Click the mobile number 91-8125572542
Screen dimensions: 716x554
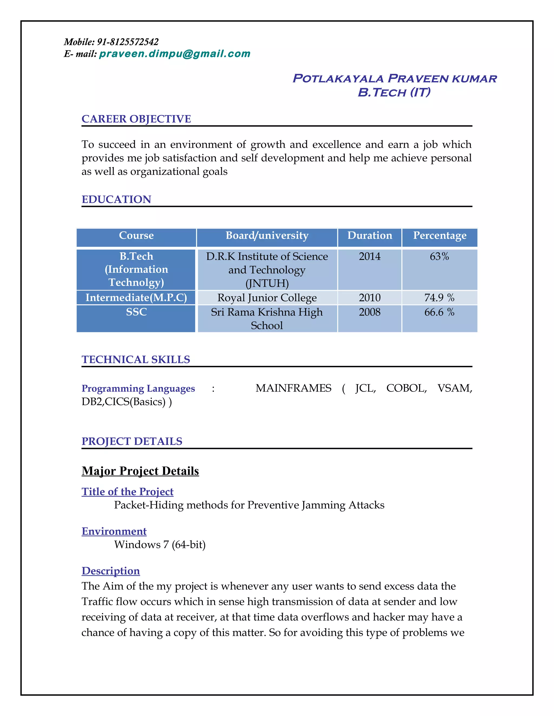pyautogui.click(x=128, y=42)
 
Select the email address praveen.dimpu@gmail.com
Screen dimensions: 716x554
pyautogui.click(x=174, y=53)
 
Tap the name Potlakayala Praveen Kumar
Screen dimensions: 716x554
pyautogui.click(x=394, y=78)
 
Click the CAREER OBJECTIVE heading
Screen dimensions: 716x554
pyautogui.click(x=136, y=119)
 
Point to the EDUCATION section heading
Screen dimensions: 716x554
pyautogui.click(x=117, y=199)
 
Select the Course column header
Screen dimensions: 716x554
pyautogui.click(x=136, y=235)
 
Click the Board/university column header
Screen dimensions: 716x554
pyautogui.click(x=267, y=235)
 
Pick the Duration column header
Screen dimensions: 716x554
pyautogui.click(x=370, y=235)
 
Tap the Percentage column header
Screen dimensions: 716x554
pyautogui.click(x=440, y=235)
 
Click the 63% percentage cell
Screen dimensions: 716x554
pyautogui.click(x=440, y=256)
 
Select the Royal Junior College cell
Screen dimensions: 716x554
pyautogui.click(x=267, y=298)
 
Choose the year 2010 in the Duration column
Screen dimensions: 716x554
pyautogui.click(x=370, y=298)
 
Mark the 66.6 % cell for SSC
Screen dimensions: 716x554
pyautogui.click(x=440, y=312)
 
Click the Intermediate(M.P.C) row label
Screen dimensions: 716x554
pyautogui.click(x=136, y=298)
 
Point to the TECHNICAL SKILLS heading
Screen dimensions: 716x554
pyautogui.click(x=136, y=360)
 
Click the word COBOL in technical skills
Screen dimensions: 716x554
pyautogui.click(x=406, y=388)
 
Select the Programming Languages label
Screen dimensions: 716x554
pyautogui.click(x=138, y=389)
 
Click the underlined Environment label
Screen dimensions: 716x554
pyautogui.click(x=114, y=531)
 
